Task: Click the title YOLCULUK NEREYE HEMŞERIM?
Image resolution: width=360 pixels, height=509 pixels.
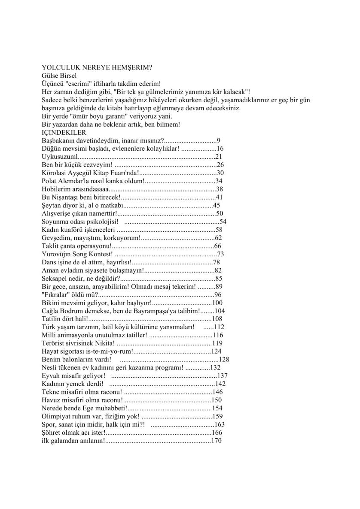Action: [x=98, y=67]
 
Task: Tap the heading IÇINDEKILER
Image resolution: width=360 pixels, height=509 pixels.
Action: [x=64, y=133]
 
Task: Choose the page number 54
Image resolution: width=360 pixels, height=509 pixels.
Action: [x=223, y=222]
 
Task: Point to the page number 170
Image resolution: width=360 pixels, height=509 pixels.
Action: [x=217, y=440]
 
